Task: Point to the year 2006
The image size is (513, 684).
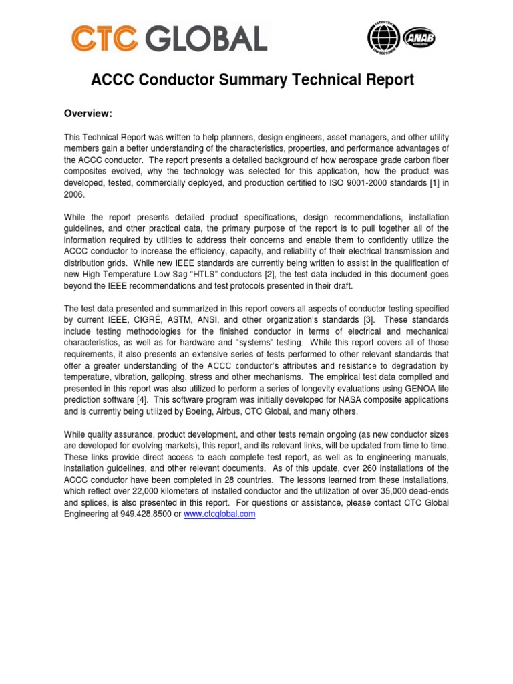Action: click(x=75, y=194)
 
